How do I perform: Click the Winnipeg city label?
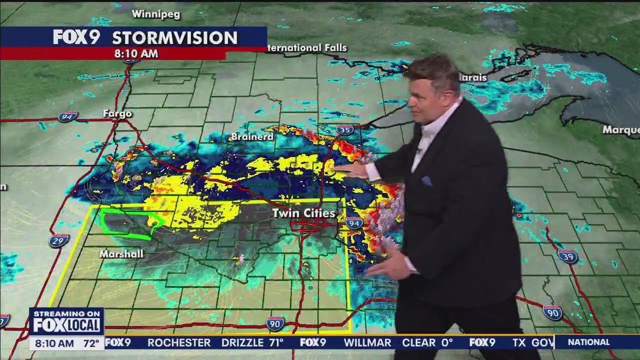155,14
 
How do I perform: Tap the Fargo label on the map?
117,113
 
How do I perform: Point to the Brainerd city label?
252,136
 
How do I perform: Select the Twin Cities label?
303,213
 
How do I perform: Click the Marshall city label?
121,254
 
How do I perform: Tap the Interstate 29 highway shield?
59,240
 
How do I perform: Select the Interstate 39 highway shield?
568,256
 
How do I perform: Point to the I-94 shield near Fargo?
67,117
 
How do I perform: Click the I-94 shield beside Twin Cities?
354,223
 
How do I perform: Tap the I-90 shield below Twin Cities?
275,323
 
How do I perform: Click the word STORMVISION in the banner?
174,37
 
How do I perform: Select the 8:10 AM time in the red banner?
136,53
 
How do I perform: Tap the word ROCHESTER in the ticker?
179,342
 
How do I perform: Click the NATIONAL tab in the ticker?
589,342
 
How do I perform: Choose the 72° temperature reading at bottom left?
91,343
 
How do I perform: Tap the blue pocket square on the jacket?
426,181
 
